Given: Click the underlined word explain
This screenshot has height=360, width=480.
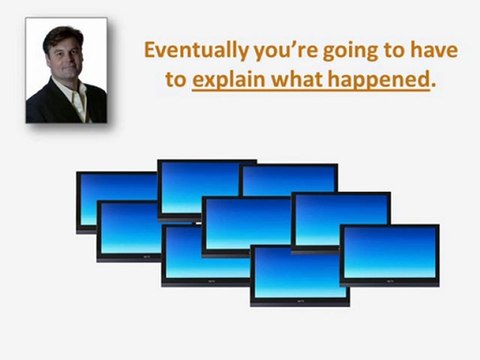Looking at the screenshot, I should pyautogui.click(x=226, y=82).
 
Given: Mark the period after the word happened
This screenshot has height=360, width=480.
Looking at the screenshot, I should pyautogui.click(x=433, y=88).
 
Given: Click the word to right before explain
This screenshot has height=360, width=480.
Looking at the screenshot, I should pyautogui.click(x=176, y=81).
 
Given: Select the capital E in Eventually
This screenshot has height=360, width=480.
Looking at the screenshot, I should pyautogui.click(x=151, y=50).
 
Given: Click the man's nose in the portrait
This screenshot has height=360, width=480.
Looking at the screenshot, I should pyautogui.click(x=63, y=64).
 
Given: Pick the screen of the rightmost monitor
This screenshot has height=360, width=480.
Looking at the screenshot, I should pyautogui.click(x=390, y=253).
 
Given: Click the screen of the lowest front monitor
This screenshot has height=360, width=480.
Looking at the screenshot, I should pyautogui.click(x=300, y=274).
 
